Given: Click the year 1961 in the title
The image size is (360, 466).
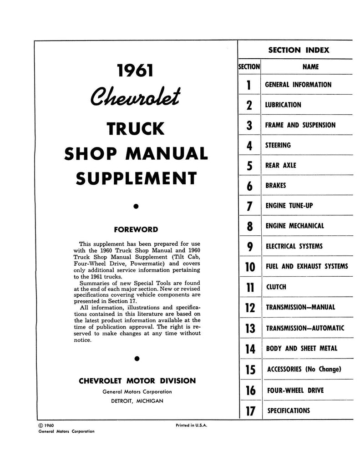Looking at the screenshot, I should coord(135,71).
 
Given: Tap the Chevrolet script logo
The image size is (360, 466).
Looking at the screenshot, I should coord(135,96).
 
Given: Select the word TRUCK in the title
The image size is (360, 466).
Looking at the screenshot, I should coord(135,129).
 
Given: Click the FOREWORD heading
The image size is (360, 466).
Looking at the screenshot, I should coord(136,229).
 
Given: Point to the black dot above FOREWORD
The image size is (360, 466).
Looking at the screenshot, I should coord(136,207).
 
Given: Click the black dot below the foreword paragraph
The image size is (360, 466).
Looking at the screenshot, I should coord(136,359).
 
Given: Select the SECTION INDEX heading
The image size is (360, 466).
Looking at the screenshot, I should coord(298,50).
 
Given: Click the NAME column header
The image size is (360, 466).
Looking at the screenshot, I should coord(310,67).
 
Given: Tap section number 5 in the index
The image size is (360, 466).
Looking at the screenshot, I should coord(249,166).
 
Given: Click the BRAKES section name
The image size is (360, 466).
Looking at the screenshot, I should coord(276,186).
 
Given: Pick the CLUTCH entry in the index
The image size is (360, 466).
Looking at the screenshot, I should coord(276,287).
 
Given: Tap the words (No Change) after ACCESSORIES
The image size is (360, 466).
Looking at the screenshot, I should coord(324,369).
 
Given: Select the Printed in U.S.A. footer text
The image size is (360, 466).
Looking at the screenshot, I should coord(191,425).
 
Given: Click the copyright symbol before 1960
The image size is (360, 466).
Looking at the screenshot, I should coord(42,425).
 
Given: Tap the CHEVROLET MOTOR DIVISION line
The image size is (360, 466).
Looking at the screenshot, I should coord(137,380).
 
